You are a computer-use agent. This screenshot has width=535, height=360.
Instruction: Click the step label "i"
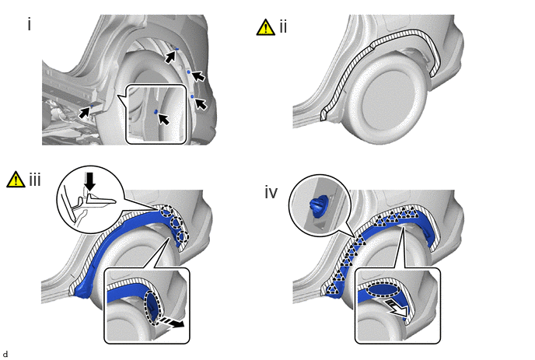[30, 25]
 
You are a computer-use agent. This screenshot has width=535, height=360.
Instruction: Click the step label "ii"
[283, 26]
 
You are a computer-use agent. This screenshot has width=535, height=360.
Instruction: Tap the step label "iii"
[35, 179]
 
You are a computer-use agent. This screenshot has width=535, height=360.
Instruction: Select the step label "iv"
[271, 193]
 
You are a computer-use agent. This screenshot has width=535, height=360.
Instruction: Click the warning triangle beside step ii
[265, 27]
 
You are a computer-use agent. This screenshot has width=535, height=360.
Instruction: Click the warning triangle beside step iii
[16, 179]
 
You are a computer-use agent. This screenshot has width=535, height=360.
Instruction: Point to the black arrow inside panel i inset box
[164, 119]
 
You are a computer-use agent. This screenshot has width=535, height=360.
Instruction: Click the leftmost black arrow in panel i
[84, 112]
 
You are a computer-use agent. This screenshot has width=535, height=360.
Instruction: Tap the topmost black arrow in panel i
[170, 57]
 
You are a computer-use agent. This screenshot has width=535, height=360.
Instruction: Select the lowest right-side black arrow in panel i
[201, 103]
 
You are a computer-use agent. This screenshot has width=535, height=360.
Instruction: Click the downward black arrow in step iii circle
[90, 181]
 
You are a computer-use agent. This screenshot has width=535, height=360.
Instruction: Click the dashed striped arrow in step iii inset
[172, 322]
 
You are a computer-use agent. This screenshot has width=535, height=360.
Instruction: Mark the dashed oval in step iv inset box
[384, 290]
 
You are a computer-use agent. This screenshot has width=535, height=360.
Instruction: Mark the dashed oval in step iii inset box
[152, 308]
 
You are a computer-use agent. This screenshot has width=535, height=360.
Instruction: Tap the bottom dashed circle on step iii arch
[182, 236]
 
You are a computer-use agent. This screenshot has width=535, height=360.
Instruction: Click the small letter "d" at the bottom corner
[5, 355]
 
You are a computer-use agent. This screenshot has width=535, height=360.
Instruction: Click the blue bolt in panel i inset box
[156, 111]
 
